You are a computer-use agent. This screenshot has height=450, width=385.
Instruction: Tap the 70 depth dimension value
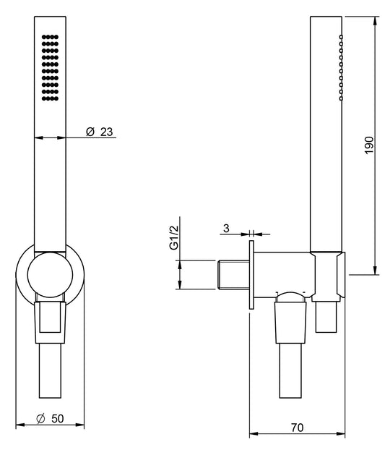click(297, 427)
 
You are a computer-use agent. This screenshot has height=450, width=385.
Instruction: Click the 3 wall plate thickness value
click(226, 229)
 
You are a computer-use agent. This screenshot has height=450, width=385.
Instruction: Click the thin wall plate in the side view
click(251, 274)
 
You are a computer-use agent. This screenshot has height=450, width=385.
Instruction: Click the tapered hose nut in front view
click(51, 321)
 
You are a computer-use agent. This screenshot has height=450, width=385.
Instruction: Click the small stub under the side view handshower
click(326, 318)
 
